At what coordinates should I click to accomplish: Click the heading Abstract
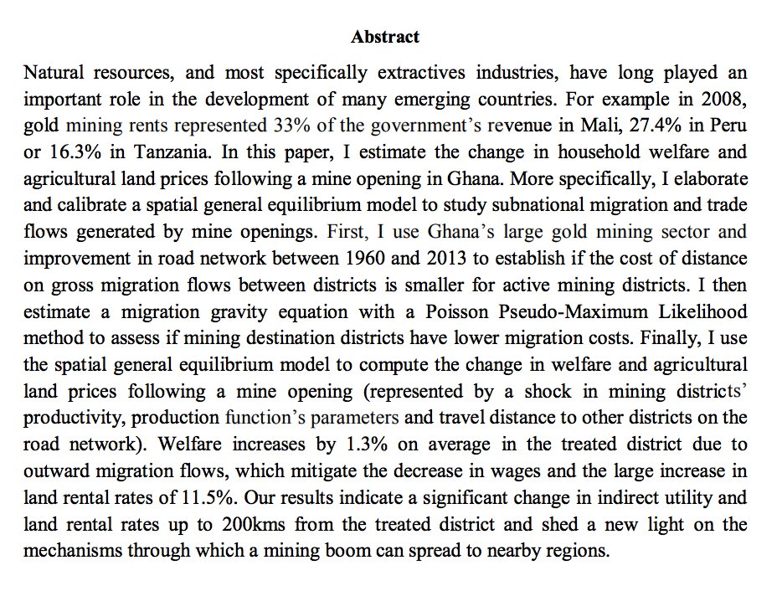[385, 37]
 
